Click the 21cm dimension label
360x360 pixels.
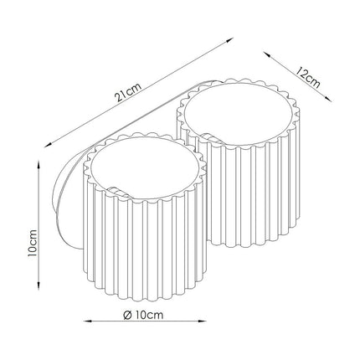point(128,92)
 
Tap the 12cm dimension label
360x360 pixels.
point(307,77)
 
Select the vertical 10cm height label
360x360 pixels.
point(32,243)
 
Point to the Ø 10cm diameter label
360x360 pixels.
point(143,315)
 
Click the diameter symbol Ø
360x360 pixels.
point(127,316)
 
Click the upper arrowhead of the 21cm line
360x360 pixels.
point(229,40)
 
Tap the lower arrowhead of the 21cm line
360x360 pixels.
point(49,144)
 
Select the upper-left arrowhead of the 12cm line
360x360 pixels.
point(267,54)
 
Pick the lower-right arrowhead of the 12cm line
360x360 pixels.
point(328,99)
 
